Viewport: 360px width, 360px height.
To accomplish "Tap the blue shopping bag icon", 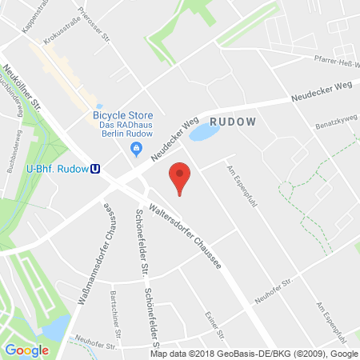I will pos(137,149).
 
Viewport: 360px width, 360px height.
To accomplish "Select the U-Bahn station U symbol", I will pos(96,168).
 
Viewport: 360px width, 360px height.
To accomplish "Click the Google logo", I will pos(26,350).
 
